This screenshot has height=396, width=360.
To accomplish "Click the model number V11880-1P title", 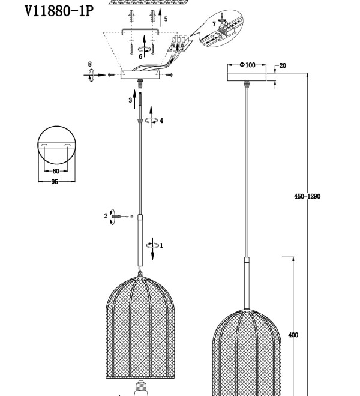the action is pyautogui.click(x=59, y=11).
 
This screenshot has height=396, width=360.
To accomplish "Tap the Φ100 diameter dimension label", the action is pyautogui.click(x=247, y=65).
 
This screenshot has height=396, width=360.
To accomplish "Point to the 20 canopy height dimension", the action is pyautogui.click(x=283, y=65).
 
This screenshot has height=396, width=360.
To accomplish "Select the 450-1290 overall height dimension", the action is pyautogui.click(x=307, y=196).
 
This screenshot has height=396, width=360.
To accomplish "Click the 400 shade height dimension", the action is pyautogui.click(x=293, y=335).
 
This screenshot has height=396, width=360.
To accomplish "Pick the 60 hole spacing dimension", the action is pyautogui.click(x=56, y=171).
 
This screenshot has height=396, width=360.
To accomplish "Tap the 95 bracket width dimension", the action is pyautogui.click(x=55, y=182).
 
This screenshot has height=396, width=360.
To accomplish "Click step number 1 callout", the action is pyautogui.click(x=161, y=245).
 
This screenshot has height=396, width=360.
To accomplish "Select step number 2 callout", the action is pyautogui.click(x=106, y=216).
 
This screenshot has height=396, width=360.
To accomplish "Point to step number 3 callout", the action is pyautogui.click(x=130, y=100).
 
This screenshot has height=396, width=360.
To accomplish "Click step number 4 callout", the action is pyautogui.click(x=161, y=121).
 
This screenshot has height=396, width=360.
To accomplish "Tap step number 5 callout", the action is pyautogui.click(x=166, y=19).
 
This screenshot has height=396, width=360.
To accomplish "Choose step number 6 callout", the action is pyautogui.click(x=140, y=56).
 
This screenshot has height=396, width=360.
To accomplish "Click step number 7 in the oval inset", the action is pyautogui.click(x=214, y=24).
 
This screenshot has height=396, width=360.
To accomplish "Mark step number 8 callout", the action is pyautogui.click(x=90, y=64).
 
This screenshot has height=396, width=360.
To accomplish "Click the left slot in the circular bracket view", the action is pyautogui.click(x=45, y=145).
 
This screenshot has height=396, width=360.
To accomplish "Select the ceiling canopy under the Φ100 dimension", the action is pyautogui.click(x=247, y=77).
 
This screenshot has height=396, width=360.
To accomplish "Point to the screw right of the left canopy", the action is pyautogui.click(x=170, y=74).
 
